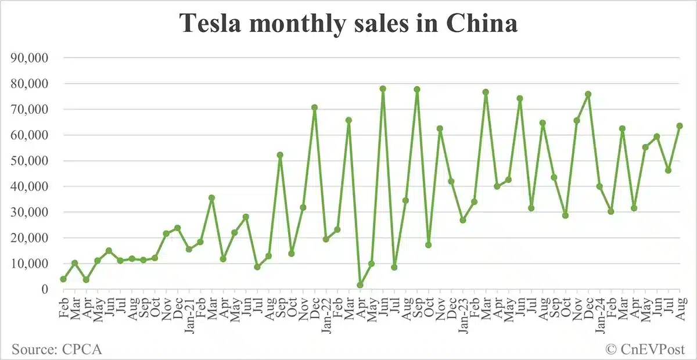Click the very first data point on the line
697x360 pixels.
(63, 279)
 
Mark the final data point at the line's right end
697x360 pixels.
(680, 126)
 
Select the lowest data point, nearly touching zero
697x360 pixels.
(360, 285)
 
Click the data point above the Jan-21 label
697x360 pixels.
(189, 249)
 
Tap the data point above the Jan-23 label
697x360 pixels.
(463, 220)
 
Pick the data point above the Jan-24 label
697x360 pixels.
(599, 186)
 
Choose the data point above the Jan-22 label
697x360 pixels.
(326, 239)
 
